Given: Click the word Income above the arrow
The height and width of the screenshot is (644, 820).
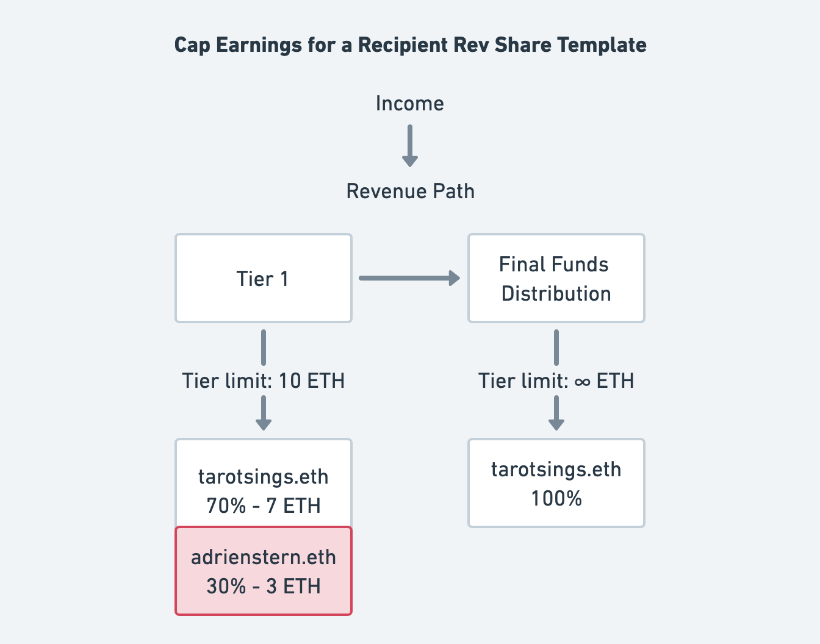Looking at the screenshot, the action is [410, 104].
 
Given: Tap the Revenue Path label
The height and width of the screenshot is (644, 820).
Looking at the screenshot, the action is [410, 191].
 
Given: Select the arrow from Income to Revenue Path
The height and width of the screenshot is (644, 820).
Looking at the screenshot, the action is [410, 146].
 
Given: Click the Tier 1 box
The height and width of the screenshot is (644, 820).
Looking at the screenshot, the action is [264, 278].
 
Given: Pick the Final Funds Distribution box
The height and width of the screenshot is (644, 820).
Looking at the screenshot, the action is [556, 278].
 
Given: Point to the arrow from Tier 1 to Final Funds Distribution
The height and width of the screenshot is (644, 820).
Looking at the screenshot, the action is [409, 278].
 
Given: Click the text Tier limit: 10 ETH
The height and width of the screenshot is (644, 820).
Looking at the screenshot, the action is [264, 381].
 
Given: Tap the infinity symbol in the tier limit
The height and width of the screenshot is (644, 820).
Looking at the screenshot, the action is [582, 382].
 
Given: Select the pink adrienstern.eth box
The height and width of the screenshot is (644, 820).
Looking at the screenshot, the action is [264, 571].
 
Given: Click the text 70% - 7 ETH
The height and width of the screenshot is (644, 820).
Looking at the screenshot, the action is [264, 506].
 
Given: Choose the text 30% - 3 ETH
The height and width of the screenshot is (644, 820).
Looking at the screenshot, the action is [264, 586].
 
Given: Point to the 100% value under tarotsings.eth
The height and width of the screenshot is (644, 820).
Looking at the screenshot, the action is [556, 498].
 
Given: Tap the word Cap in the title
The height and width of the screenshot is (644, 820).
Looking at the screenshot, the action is [192, 46].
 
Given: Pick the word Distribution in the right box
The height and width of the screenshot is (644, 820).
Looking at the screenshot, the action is [556, 293].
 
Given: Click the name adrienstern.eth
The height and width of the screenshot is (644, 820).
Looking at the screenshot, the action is [264, 557].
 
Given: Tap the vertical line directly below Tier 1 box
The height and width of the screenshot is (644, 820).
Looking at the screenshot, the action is [264, 348].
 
